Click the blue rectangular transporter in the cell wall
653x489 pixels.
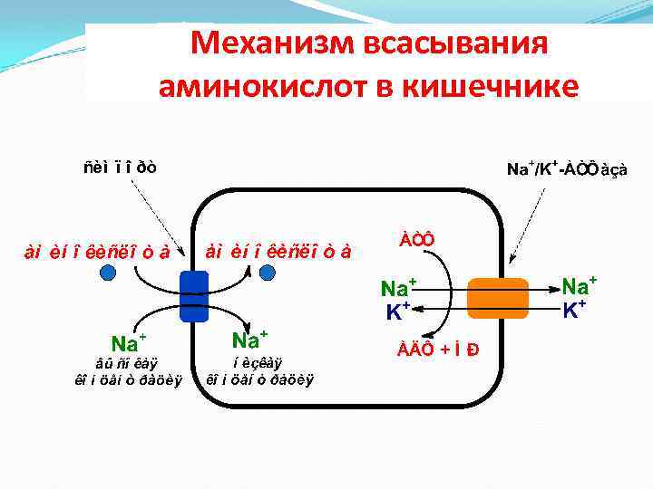[x=193, y=295]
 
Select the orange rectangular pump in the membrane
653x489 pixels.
[x=497, y=299]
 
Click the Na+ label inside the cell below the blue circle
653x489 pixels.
[x=249, y=340]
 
